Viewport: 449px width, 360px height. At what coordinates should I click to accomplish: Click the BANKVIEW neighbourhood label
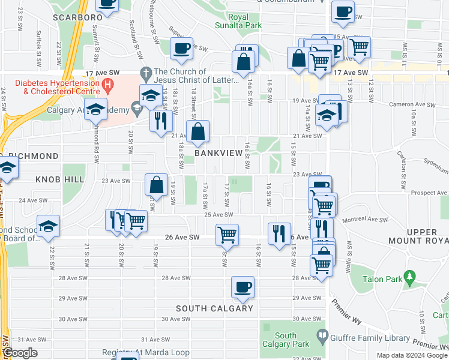coord(218,154)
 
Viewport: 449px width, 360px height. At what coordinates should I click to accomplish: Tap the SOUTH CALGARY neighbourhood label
coord(214,308)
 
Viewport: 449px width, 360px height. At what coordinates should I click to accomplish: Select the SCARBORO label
coord(77,17)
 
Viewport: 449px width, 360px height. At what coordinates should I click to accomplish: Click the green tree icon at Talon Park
coord(411,277)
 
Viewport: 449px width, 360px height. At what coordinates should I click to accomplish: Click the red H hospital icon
coord(108,83)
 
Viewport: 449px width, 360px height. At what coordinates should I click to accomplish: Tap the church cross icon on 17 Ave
coord(145,73)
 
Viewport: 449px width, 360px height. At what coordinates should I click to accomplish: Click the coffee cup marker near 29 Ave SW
coord(243,287)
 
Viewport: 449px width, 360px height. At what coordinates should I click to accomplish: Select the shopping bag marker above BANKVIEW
coord(197,131)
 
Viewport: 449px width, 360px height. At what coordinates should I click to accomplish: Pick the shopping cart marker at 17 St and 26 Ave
coord(228,235)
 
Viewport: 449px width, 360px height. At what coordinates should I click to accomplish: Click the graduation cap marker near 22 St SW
coord(48,226)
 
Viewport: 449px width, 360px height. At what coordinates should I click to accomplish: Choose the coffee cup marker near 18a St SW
coord(181,49)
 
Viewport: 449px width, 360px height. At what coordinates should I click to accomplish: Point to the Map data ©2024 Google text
coord(412,355)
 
